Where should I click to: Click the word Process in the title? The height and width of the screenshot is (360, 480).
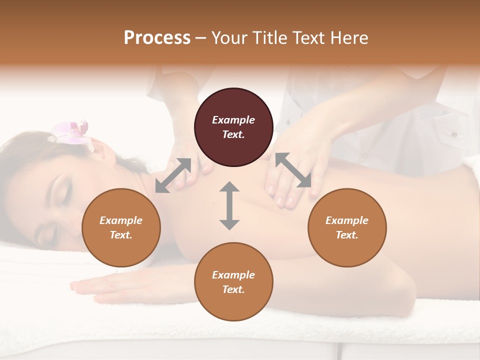(x=157, y=38)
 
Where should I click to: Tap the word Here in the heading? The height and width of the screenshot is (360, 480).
(x=348, y=38)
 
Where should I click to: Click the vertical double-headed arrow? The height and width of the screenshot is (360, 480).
(x=229, y=205)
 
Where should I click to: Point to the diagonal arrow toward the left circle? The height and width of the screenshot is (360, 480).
(x=173, y=175)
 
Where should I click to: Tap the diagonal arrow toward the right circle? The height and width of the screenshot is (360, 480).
(x=293, y=170)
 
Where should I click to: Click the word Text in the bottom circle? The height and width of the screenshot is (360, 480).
(x=233, y=289)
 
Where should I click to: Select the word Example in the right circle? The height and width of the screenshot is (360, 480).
(x=347, y=220)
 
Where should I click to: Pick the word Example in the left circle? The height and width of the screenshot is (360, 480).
(x=121, y=220)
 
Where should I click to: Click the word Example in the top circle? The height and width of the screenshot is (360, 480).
(x=233, y=120)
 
